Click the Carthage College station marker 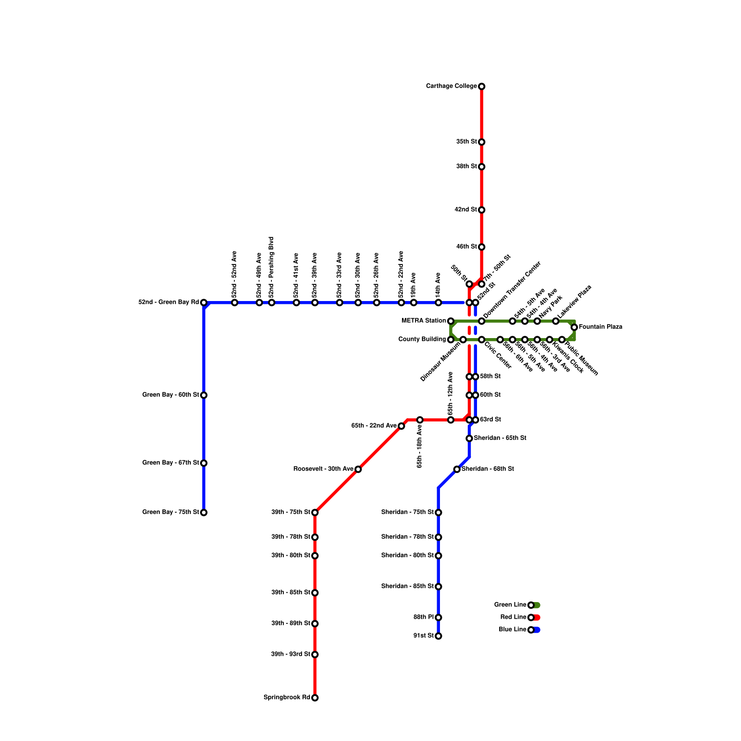[x=482, y=87]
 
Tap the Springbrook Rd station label [x=287, y=697]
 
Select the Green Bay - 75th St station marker [x=204, y=513]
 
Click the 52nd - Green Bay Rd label [x=169, y=302]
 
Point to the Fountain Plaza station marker [x=574, y=327]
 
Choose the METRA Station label [x=423, y=320]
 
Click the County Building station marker [x=451, y=340]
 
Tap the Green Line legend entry [x=510, y=605]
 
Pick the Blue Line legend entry [x=512, y=630]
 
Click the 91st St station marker [x=439, y=636]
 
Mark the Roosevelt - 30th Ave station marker [x=358, y=470]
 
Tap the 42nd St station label [x=465, y=210]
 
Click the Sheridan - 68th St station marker [x=457, y=470]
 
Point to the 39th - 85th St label [x=290, y=592]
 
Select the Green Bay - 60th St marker [x=204, y=396]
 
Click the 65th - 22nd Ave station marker [x=402, y=426]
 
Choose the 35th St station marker [x=482, y=142]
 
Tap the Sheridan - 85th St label [x=408, y=586]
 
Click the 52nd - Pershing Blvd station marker [x=272, y=303]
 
